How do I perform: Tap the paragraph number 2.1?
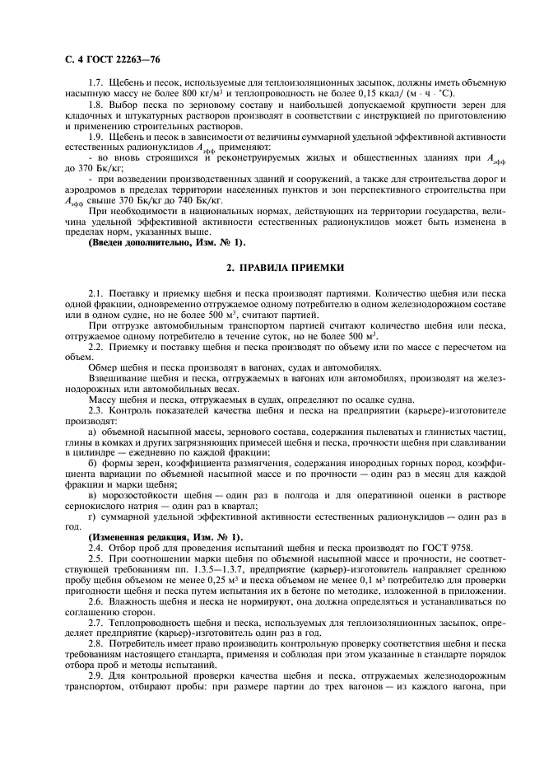pyautogui.click(x=93, y=292)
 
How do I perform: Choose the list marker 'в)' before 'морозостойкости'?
pyautogui.click(x=91, y=495)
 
